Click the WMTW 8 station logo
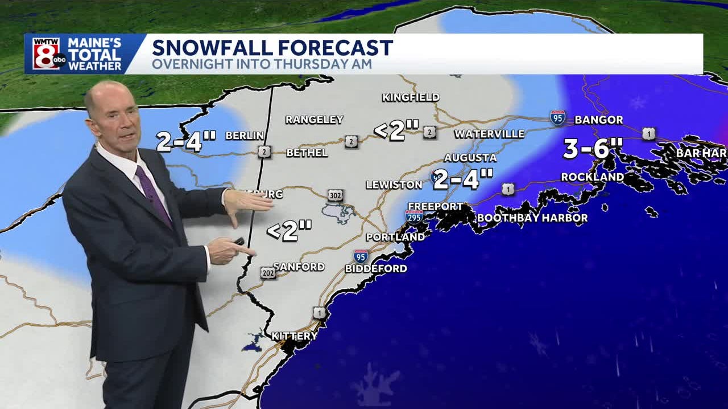click(x=48, y=54)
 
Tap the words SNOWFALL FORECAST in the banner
click(x=272, y=47)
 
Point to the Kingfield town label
click(x=411, y=97)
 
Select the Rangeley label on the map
click(x=314, y=120)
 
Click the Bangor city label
click(x=598, y=120)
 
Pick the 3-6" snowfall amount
click(x=593, y=149)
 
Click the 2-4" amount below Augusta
click(x=462, y=179)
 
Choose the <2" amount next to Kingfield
click(x=396, y=130)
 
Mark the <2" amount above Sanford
click(x=289, y=231)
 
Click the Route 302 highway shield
click(x=336, y=195)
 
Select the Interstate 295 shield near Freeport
click(x=413, y=216)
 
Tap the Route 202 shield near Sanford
click(x=268, y=273)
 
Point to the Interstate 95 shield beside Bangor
click(x=558, y=118)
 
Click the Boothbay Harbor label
click(x=532, y=218)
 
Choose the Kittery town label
click(x=294, y=336)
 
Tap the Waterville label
click(x=489, y=134)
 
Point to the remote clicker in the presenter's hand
click(x=238, y=242)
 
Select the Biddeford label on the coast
click(x=376, y=268)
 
